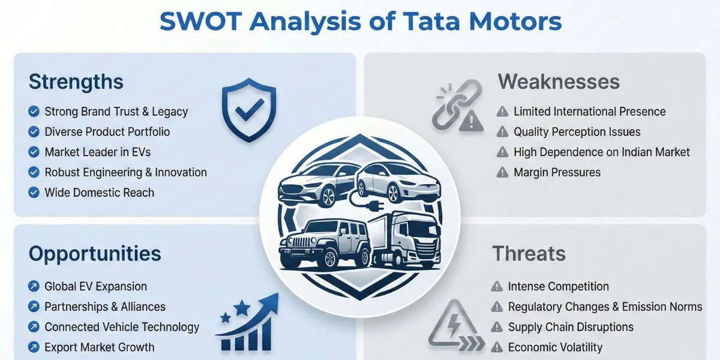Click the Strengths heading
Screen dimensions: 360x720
click(x=76, y=82)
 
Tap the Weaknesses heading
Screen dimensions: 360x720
click(x=558, y=82)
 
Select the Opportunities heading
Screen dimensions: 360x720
click(x=95, y=254)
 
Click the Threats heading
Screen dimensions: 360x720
click(x=529, y=254)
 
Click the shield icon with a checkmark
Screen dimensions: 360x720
click(x=248, y=110)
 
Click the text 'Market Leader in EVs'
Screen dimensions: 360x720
click(x=97, y=152)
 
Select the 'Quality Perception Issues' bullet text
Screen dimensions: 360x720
click(x=577, y=132)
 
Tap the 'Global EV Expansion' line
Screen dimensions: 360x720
click(x=95, y=287)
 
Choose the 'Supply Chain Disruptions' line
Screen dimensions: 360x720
click(x=571, y=327)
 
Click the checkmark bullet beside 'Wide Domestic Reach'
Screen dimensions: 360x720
click(x=34, y=193)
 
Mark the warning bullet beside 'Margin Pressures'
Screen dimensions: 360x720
click(x=502, y=173)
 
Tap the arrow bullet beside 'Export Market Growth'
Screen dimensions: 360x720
click(x=34, y=347)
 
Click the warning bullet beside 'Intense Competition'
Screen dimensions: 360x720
click(x=497, y=287)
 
